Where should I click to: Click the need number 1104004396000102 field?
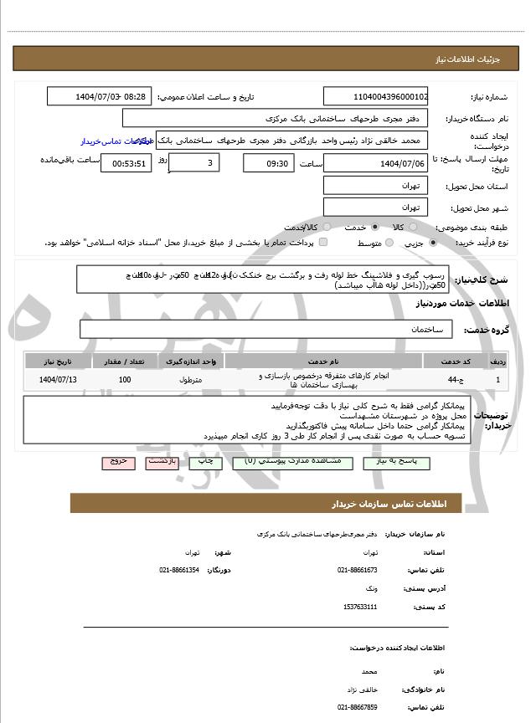click(375, 97)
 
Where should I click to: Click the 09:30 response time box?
click(268, 163)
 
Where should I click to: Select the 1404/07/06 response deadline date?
click(375, 163)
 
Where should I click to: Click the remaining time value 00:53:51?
click(126, 164)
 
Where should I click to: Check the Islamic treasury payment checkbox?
click(323, 243)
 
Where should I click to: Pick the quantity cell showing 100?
click(125, 381)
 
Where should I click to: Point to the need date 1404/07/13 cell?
click(57, 381)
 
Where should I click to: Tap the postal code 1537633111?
click(360, 607)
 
